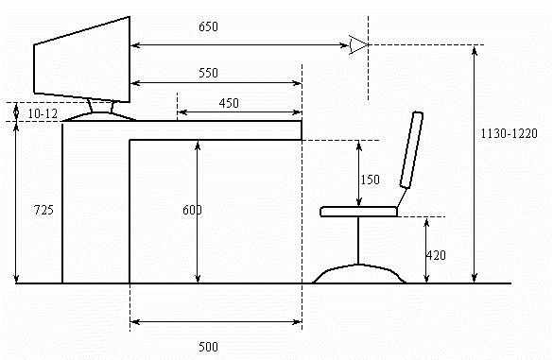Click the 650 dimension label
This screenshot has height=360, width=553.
(x=208, y=26)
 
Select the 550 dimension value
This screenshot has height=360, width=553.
(x=208, y=73)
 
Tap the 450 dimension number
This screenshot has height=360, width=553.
(x=229, y=103)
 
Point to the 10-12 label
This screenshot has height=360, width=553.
(x=43, y=114)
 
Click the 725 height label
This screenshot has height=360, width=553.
(x=43, y=210)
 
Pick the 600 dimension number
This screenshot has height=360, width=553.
(x=192, y=210)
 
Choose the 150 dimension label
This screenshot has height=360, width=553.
(x=370, y=180)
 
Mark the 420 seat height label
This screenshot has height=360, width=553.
(x=436, y=255)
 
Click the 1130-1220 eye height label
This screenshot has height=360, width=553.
(x=509, y=133)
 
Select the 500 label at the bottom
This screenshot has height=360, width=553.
(x=208, y=347)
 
